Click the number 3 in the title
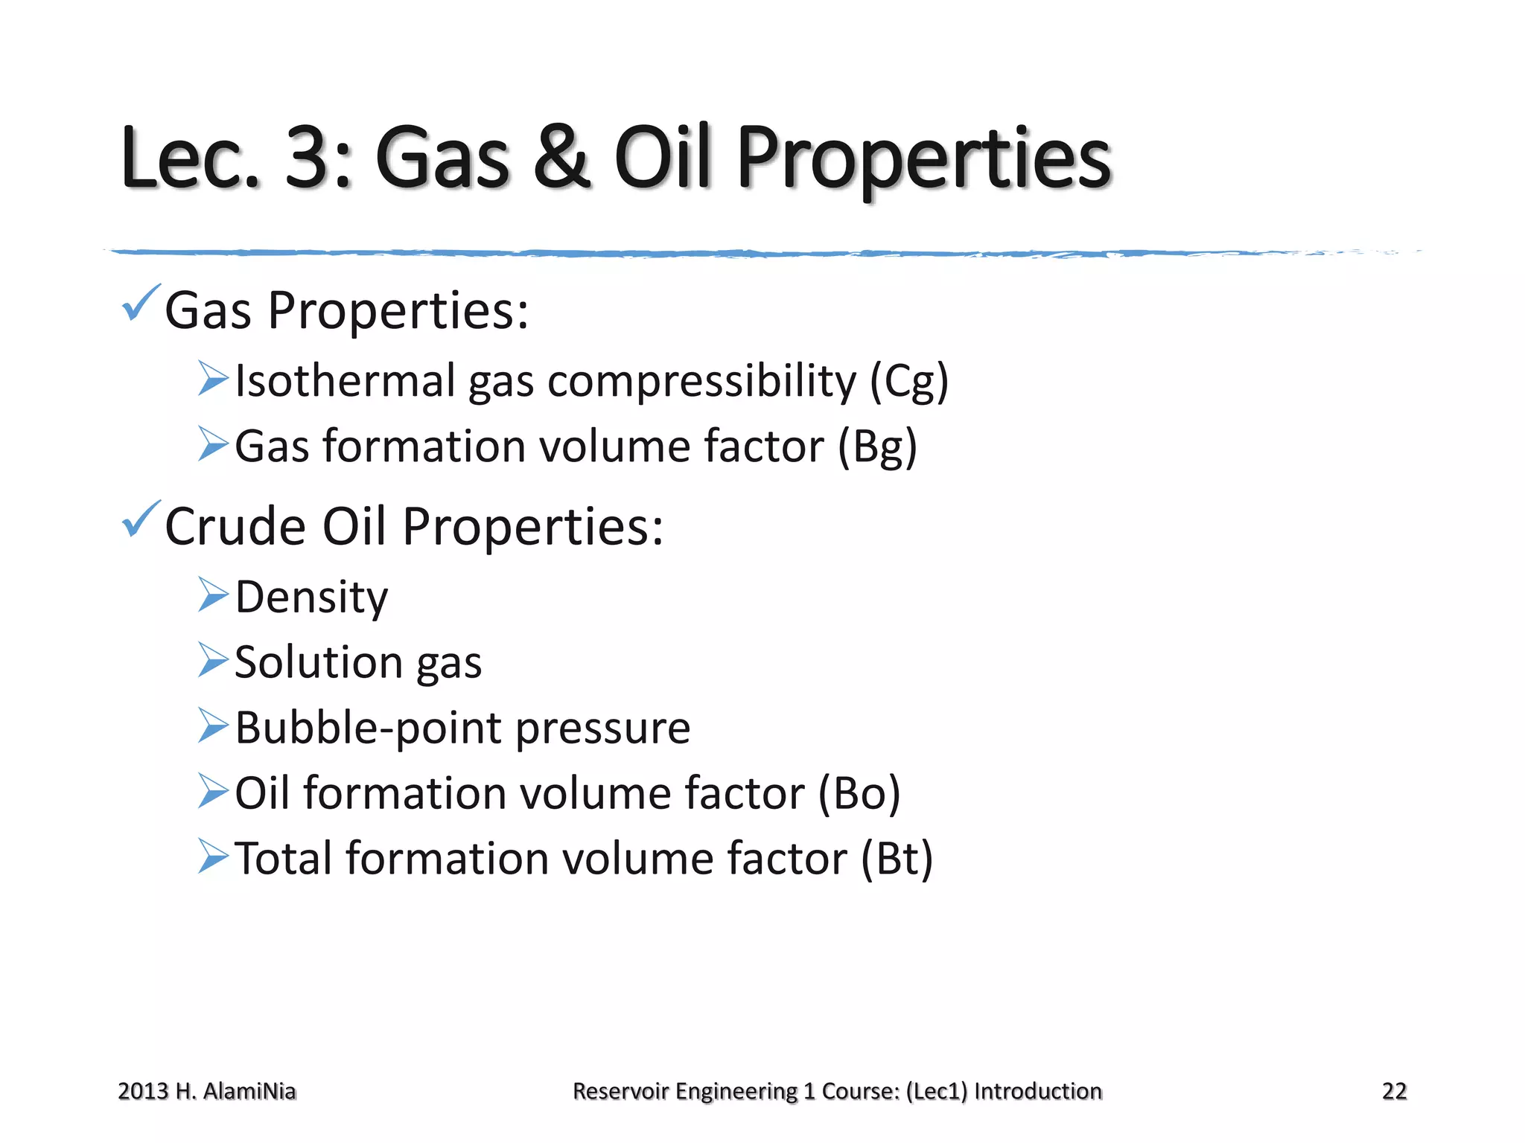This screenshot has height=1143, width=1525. click(308, 158)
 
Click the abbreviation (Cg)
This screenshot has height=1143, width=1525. click(909, 382)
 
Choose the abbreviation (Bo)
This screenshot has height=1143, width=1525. click(859, 793)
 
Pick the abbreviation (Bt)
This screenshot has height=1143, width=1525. click(897, 859)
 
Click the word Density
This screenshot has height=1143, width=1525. click(311, 598)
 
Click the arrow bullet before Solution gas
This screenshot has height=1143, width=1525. click(213, 660)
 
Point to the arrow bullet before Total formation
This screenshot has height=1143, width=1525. click(213, 857)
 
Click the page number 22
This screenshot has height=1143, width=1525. click(1394, 1091)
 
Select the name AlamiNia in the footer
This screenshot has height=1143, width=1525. click(249, 1091)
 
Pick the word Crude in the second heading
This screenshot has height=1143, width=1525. click(235, 527)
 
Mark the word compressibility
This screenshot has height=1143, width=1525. click(702, 382)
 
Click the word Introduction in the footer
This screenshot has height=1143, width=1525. click(1038, 1091)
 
